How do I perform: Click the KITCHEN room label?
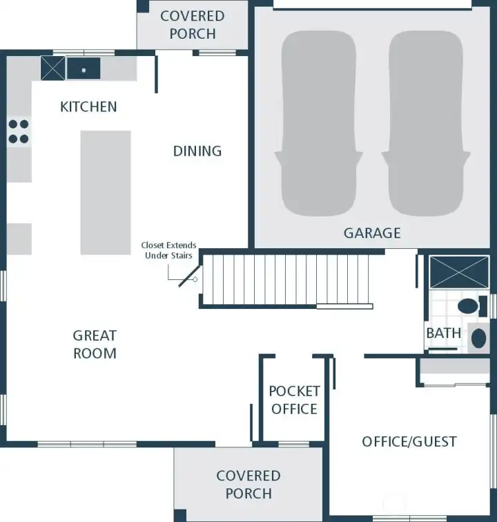pos(88,106)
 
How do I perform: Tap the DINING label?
pos(197,151)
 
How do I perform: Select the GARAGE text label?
pos(372,233)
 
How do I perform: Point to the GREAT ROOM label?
pos(95,344)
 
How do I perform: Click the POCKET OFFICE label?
pos(294,400)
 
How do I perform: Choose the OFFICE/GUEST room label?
pos(409,441)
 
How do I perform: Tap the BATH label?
pos(443,333)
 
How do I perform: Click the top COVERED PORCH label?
pos(192,24)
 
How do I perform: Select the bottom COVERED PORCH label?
pos(248,484)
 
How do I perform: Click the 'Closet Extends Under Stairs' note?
pos(168,250)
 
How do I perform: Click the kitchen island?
pos(106,192)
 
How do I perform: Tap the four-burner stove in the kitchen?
pos(19,131)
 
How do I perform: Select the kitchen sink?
pos(84,69)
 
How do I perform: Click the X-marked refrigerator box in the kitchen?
pos(52,68)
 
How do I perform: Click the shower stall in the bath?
pos(458,272)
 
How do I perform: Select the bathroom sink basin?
pos(478,338)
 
